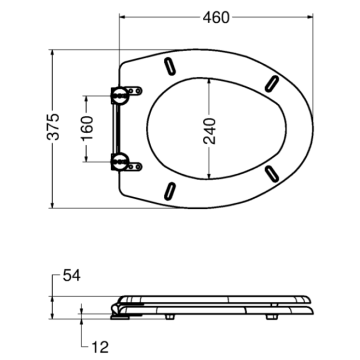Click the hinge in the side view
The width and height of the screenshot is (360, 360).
[123, 310]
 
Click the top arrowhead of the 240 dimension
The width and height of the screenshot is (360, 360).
[209, 82]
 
